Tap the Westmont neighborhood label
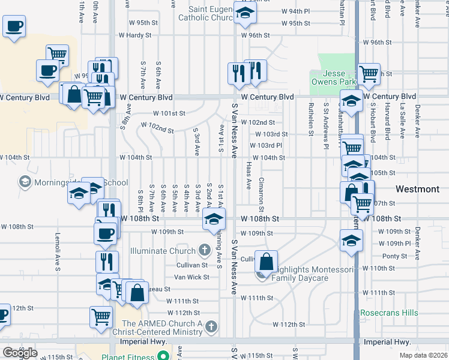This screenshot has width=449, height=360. [x=417, y=189]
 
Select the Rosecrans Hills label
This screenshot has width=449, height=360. [x=389, y=313]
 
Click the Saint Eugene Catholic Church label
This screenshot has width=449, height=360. [x=205, y=13]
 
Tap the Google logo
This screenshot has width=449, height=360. [x=20, y=353]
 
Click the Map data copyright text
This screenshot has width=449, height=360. [x=423, y=355]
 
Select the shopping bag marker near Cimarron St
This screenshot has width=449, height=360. [x=266, y=262]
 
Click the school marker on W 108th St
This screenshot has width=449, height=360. [x=214, y=220]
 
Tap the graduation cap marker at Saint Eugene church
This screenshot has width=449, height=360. [x=244, y=14]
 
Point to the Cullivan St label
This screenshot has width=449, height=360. [x=191, y=265]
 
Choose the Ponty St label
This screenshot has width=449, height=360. [x=395, y=256]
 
